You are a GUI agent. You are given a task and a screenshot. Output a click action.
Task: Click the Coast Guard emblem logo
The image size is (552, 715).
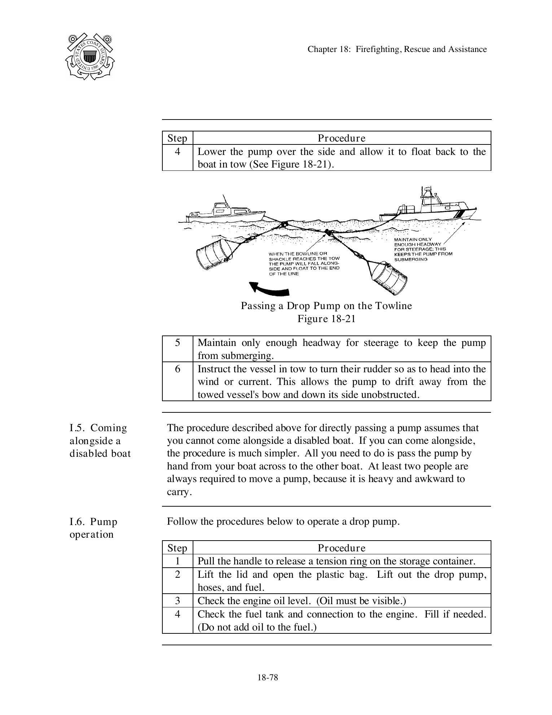click(x=90, y=56)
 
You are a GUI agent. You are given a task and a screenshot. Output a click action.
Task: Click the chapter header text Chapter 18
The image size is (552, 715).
click(x=397, y=49)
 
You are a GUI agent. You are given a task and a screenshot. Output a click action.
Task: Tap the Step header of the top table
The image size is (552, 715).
click(x=177, y=138)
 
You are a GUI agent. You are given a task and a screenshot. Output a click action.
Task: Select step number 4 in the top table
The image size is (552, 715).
click(x=177, y=152)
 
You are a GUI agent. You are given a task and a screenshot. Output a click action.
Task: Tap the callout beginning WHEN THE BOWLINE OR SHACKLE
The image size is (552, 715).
click(x=304, y=264)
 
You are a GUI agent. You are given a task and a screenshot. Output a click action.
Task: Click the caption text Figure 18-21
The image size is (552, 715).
click(x=326, y=319)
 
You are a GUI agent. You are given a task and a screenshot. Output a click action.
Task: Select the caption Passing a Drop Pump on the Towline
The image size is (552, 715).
click(x=326, y=306)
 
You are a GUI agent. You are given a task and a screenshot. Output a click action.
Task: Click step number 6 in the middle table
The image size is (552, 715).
click(x=177, y=369)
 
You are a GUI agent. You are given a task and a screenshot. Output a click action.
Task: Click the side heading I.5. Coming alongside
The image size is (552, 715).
click(x=100, y=441)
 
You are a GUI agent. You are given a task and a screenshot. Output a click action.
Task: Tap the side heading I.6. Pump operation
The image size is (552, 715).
click(x=93, y=528)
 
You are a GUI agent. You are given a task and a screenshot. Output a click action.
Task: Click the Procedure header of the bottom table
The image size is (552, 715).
click(x=341, y=548)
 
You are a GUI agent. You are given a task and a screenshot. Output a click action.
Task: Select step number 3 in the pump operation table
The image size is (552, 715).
click(x=177, y=601)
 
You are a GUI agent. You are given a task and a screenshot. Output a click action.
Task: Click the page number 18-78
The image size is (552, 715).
click(x=268, y=677)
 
